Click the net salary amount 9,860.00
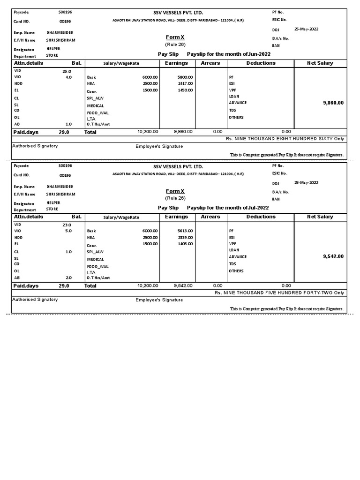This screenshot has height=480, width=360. (333, 102)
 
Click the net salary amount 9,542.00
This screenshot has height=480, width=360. (333, 256)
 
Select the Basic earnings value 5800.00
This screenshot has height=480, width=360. (185, 77)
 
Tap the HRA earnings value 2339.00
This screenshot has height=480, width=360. (185, 238)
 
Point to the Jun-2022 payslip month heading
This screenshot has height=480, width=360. (228, 54)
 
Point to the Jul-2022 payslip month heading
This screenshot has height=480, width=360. (228, 208)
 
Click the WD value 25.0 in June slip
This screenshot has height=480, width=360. (67, 71)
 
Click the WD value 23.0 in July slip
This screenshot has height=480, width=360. (67, 225)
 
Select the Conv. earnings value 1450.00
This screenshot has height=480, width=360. (185, 90)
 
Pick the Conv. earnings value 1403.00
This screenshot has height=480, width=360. (185, 244)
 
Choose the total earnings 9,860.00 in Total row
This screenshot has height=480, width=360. (183, 132)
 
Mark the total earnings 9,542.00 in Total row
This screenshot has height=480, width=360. (183, 285)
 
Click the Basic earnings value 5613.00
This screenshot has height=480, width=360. (185, 231)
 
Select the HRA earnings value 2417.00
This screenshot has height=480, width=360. (185, 83)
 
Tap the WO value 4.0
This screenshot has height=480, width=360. (68, 77)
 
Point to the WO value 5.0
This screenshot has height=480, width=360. (68, 231)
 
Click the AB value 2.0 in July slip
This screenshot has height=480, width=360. (68, 277)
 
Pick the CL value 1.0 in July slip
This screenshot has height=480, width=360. (68, 252)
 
